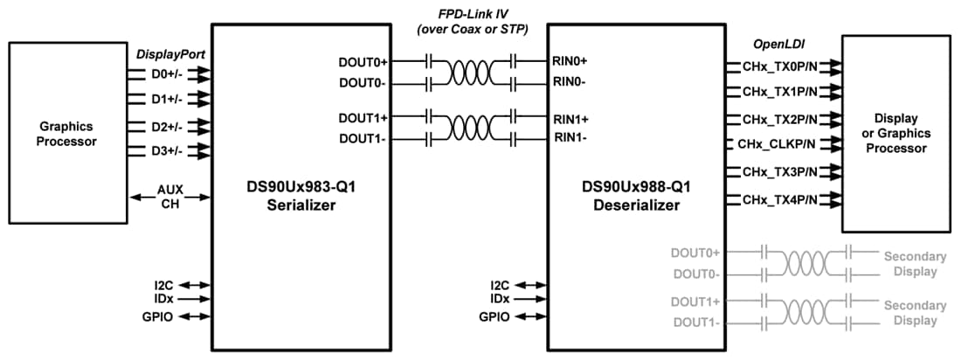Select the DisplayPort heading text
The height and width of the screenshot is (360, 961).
click(x=170, y=54)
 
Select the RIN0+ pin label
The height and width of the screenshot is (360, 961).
click(x=570, y=62)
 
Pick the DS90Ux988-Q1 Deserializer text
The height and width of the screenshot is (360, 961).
click(x=629, y=197)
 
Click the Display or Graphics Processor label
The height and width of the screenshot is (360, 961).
click(x=895, y=134)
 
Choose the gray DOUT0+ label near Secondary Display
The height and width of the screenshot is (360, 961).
click(x=695, y=253)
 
